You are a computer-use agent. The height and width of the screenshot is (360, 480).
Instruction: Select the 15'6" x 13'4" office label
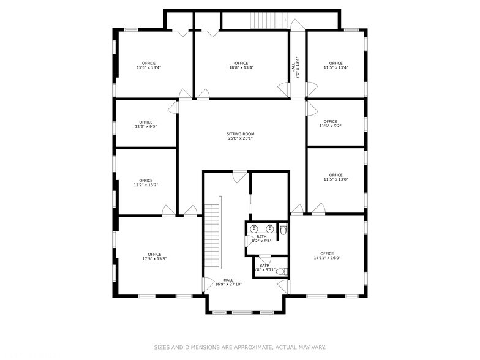(x=148, y=66)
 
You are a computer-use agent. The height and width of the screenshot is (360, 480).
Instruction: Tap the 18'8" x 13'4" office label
(x=241, y=66)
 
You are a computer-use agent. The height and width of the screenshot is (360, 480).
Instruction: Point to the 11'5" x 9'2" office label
(x=330, y=124)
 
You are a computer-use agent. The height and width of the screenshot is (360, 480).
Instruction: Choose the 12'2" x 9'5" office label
(x=146, y=124)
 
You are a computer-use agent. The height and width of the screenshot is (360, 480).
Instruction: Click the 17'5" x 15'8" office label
(x=154, y=257)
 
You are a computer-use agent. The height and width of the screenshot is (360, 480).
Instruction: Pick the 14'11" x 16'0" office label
(x=327, y=255)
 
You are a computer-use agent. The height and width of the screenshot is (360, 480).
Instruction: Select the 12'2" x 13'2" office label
(x=146, y=182)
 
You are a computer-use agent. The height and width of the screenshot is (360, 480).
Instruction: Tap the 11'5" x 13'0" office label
(x=336, y=178)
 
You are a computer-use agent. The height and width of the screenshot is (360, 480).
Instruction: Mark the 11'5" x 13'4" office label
(x=336, y=66)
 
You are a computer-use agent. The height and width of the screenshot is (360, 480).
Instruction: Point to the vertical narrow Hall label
(x=297, y=68)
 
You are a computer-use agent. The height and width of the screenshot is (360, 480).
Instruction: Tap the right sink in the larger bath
(x=269, y=229)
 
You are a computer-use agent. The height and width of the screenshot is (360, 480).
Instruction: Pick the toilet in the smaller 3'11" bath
(x=281, y=271)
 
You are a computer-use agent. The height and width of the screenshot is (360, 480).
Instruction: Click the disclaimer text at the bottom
(x=239, y=347)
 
